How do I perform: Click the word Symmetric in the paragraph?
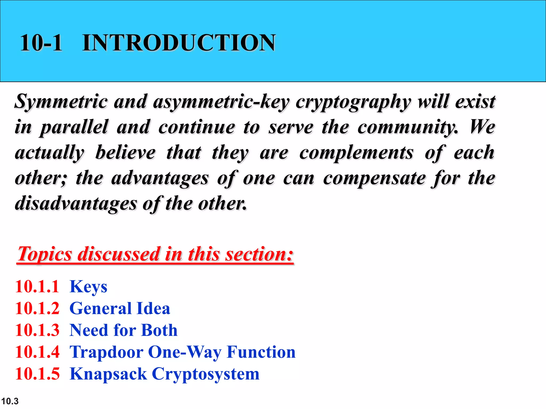click(x=61, y=102)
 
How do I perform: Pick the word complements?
click(x=356, y=153)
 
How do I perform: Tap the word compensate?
click(x=374, y=178)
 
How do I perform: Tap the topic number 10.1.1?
click(x=37, y=287)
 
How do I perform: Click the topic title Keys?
click(x=88, y=287)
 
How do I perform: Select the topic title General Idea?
click(x=120, y=308)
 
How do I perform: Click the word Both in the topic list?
click(x=159, y=330)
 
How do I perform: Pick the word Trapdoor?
click(x=106, y=352)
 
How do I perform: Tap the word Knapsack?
click(x=108, y=374)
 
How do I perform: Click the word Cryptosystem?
click(x=206, y=374)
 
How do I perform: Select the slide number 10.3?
click(x=10, y=401)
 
